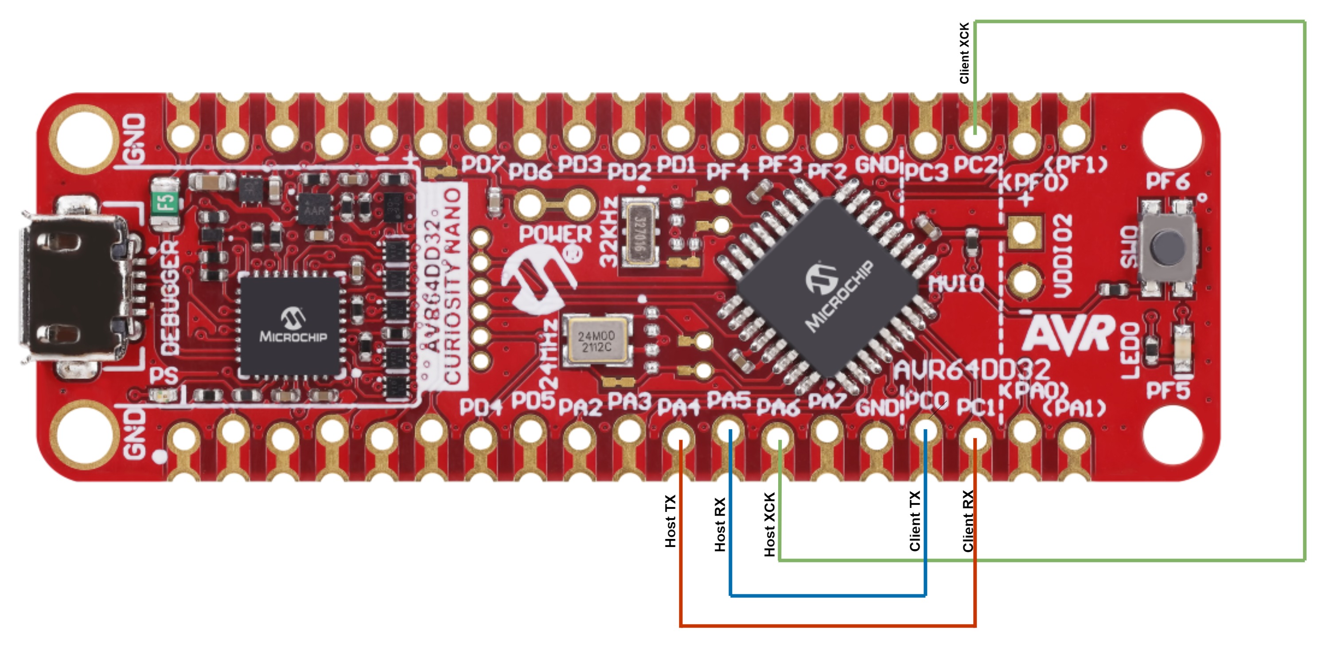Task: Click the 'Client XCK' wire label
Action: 964,53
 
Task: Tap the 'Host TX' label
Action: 670,521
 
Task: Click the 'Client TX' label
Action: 915,520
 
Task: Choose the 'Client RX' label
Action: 968,521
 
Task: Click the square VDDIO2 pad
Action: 1024,232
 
